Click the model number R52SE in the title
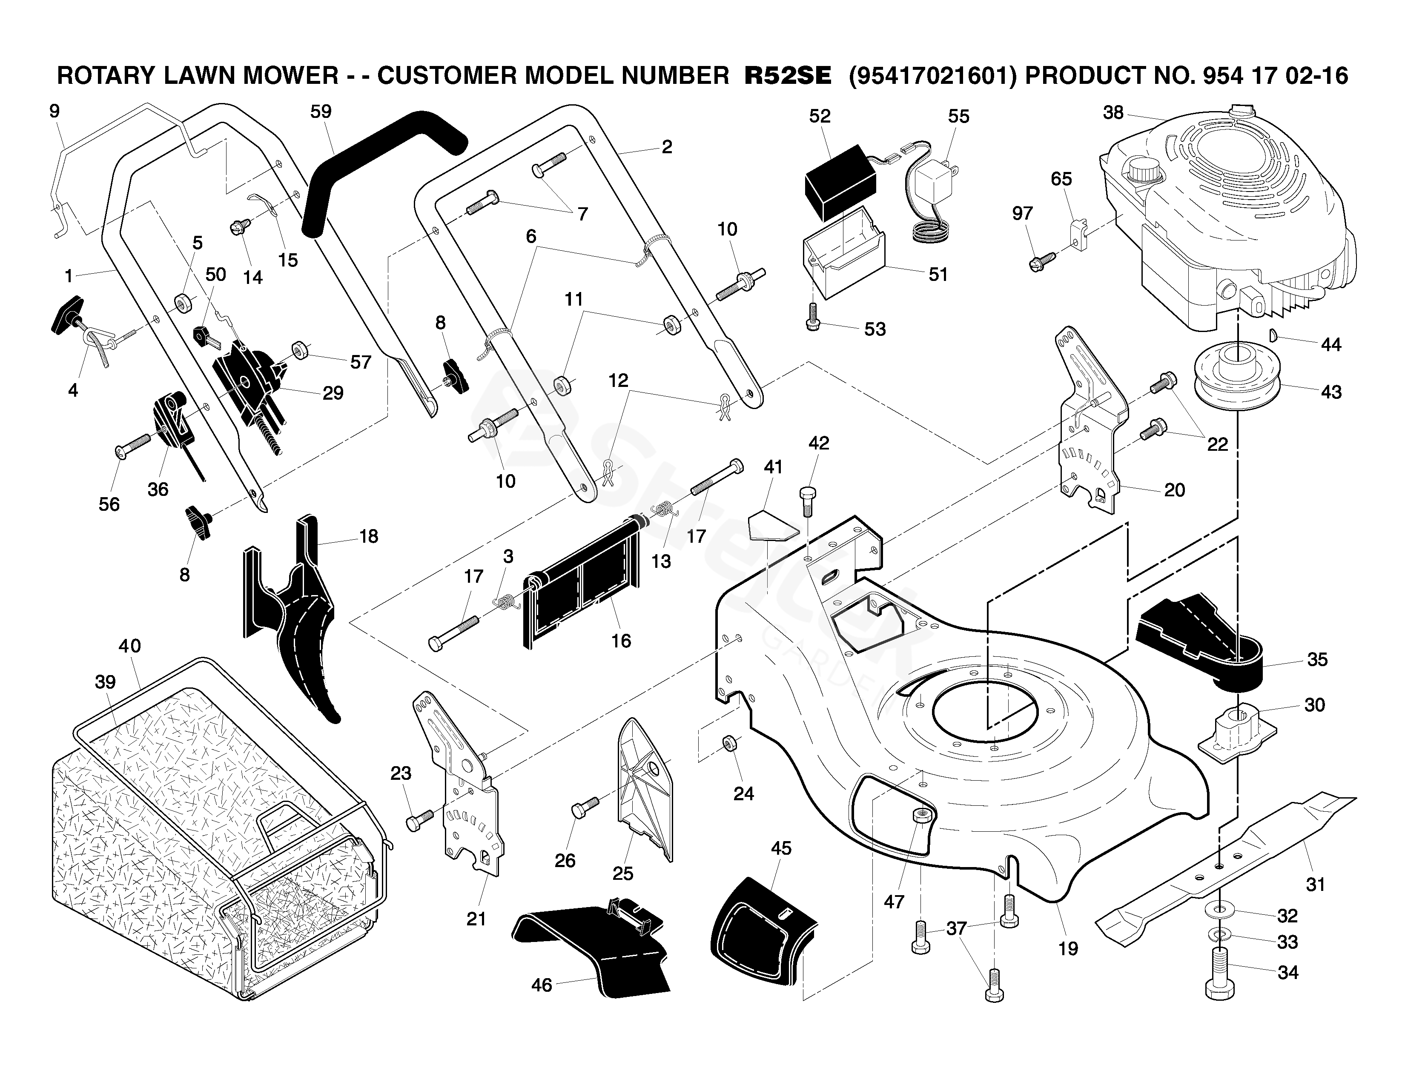[787, 76]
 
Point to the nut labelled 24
[729, 743]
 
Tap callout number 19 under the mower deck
[1068, 949]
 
